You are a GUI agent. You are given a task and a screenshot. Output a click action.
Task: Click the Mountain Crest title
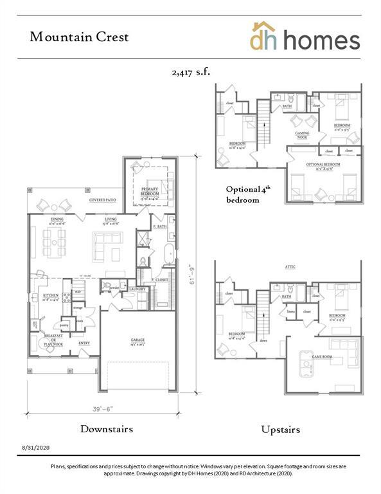pos(79,37)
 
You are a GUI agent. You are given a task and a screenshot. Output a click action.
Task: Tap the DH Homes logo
pos(305,37)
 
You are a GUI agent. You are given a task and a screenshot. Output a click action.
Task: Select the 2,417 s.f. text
pos(190,73)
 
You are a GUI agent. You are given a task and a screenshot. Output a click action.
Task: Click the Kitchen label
pos(51,296)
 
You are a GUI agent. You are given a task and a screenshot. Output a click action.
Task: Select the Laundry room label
pos(138,289)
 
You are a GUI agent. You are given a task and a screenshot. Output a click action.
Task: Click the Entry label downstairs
pos(84,343)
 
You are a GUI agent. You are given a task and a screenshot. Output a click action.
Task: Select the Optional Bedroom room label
pos(323,165)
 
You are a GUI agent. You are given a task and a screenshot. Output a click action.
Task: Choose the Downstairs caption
pos(107,429)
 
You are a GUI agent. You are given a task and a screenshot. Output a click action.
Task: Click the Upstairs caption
pos(280,429)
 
